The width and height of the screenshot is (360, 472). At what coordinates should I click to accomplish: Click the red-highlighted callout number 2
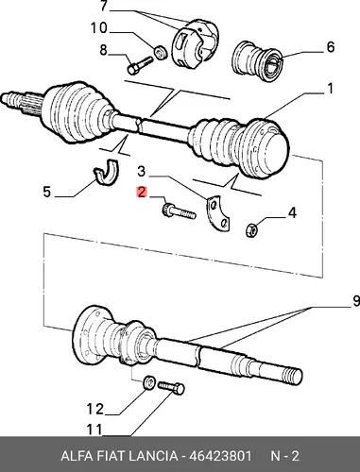142,192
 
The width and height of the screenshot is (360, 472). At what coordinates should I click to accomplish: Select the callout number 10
99,28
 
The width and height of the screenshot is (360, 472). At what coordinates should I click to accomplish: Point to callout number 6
330,47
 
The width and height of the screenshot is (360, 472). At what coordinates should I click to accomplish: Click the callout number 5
46,192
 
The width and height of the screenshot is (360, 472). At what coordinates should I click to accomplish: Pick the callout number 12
95,410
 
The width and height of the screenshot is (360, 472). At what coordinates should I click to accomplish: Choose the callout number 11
94,430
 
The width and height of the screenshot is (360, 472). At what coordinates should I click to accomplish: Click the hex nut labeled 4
251,229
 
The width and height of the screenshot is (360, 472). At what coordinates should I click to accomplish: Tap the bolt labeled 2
179,211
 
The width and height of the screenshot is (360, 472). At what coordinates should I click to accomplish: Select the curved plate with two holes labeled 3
217,214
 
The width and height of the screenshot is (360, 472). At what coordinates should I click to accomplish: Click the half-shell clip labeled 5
107,172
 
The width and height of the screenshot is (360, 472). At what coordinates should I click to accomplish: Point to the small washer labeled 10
161,52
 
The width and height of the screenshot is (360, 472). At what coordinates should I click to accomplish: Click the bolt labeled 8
140,65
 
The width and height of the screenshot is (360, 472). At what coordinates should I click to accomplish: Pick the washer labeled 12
149,382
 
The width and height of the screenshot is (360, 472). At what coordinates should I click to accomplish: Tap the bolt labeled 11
171,387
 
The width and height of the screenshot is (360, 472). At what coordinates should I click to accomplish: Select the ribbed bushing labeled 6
258,61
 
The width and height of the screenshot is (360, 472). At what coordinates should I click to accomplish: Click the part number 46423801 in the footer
220,456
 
